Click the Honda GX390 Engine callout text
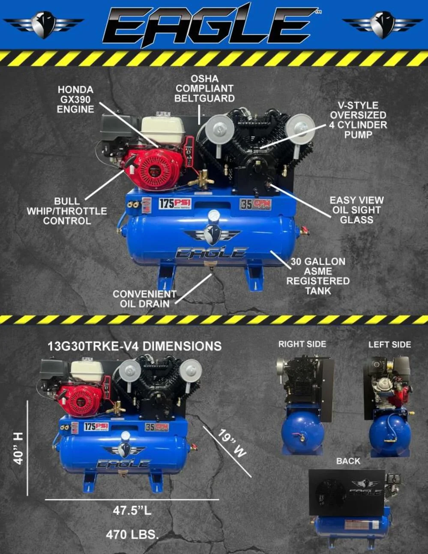point(75,99)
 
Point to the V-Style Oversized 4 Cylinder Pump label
point(358,120)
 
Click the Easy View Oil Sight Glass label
point(356,210)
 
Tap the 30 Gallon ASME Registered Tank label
point(318,276)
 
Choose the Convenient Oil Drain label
point(144,299)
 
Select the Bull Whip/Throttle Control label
point(67,211)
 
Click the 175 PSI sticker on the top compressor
point(175,204)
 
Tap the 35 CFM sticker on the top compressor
point(255,204)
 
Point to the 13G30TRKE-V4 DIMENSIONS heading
point(135,346)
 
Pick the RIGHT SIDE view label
point(302,344)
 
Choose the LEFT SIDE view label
point(389,344)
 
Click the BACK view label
point(348,461)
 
